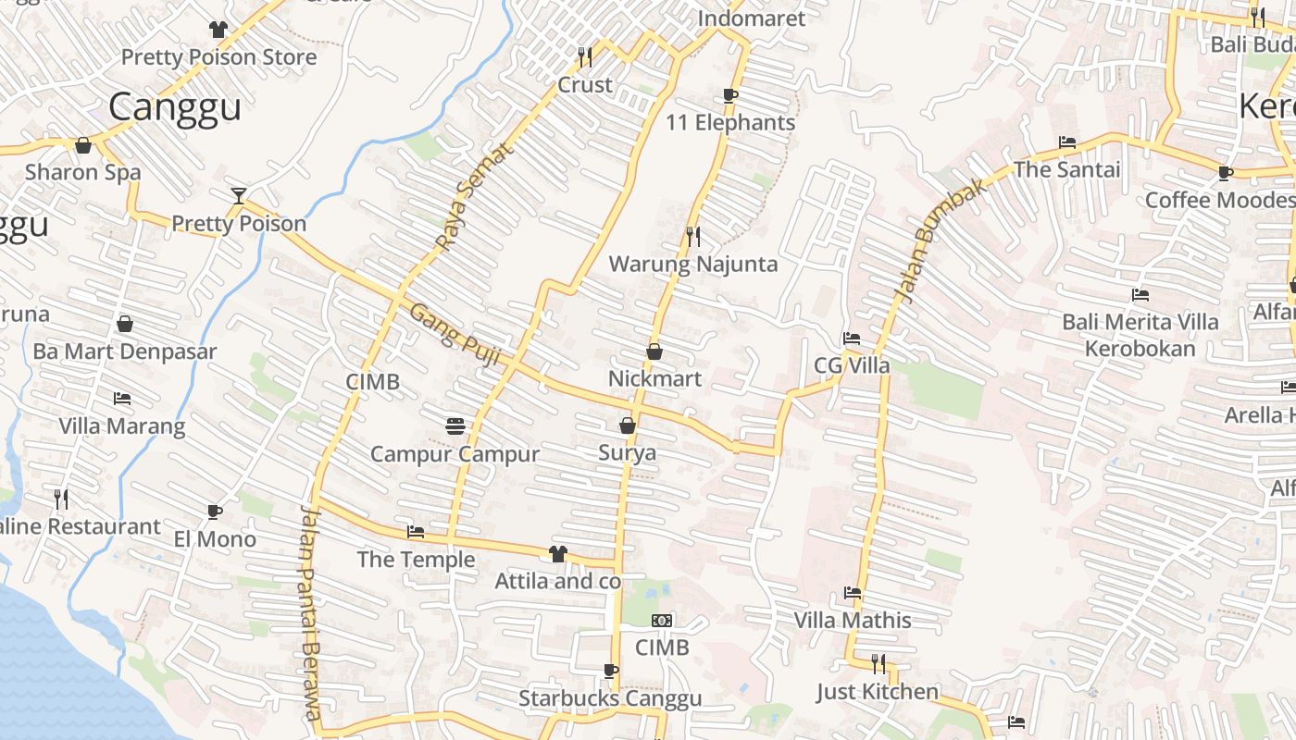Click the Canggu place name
coord(175,106)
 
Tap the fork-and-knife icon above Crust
coord(585,57)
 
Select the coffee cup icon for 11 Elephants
coord(730,95)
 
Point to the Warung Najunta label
coord(692,264)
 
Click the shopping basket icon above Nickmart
coord(654,351)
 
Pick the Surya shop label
coord(627,452)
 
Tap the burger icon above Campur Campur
coord(455,425)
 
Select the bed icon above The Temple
coord(416,532)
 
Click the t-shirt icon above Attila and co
coord(557,554)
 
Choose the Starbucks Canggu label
coord(610,698)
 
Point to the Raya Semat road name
coord(473,197)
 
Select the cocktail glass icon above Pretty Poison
coord(239,195)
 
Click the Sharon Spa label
coord(83,171)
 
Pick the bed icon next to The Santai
coord(1067,142)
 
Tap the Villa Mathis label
coord(853,620)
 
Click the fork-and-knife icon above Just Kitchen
coord(878,663)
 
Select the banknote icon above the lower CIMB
coord(662,620)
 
